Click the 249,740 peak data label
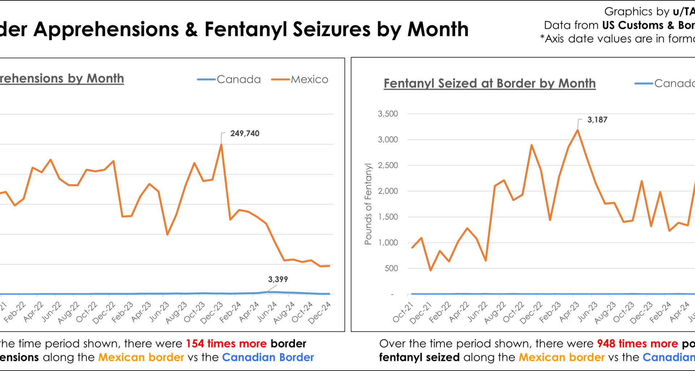(245, 133)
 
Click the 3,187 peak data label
(597, 120)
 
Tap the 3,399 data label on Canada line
(278, 279)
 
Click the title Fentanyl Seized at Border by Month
(489, 83)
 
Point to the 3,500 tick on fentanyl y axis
(388, 114)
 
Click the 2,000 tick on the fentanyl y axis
(388, 191)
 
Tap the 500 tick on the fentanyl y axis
(391, 268)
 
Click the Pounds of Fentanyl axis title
(368, 204)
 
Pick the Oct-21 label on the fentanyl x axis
(403, 312)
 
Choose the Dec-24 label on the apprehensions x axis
(320, 312)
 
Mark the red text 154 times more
(226, 343)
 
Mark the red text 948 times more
(637, 343)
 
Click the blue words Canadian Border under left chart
(268, 358)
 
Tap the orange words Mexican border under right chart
(561, 358)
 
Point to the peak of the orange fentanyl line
(577, 130)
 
